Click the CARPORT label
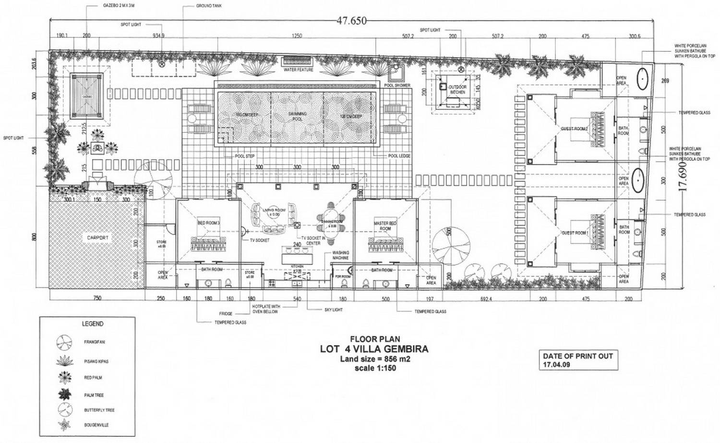(97, 238)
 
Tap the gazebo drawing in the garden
(87, 96)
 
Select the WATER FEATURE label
(298, 70)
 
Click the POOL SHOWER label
(397, 85)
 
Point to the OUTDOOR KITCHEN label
(457, 89)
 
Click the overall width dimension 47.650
(351, 21)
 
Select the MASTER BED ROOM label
(385, 226)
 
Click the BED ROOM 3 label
(208, 223)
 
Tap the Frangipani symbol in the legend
(63, 342)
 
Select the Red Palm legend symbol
(63, 378)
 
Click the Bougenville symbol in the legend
(63, 425)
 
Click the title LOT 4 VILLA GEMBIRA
(374, 349)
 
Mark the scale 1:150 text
(375, 369)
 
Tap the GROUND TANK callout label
(209, 6)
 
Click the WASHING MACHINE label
(340, 255)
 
